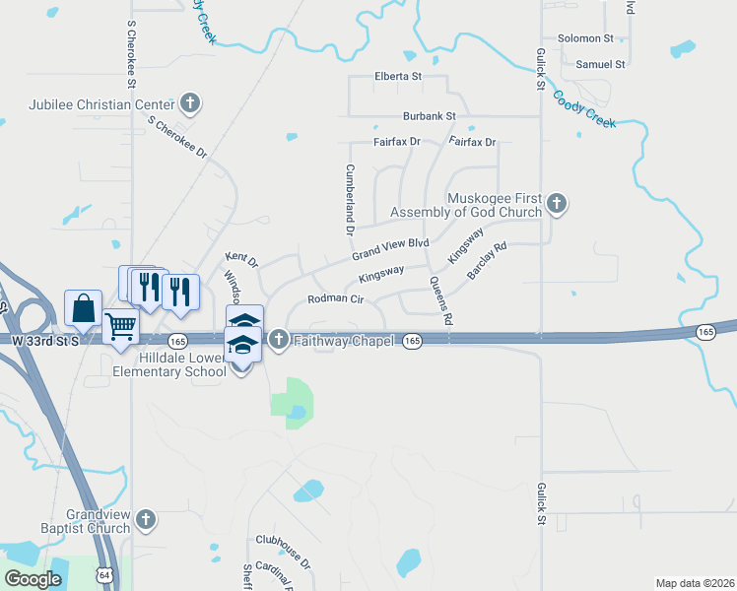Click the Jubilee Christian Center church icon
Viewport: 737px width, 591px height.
191,103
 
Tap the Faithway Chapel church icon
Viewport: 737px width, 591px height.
278,341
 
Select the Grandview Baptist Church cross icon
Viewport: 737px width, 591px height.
145,519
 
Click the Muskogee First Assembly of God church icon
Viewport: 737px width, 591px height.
557,205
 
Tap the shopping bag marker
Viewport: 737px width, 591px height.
84,307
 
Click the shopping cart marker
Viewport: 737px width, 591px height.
120,325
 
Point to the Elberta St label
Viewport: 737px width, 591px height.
398,76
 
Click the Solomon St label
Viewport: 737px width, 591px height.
585,38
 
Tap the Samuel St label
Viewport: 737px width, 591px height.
601,64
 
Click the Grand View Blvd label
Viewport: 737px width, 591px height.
391,247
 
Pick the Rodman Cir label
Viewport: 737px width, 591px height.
336,297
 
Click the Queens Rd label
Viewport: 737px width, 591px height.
439,300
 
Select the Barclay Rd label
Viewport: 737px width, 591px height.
487,260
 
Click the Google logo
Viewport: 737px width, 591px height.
33,579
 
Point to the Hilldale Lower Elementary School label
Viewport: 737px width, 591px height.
168,364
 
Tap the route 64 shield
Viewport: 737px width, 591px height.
105,574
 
